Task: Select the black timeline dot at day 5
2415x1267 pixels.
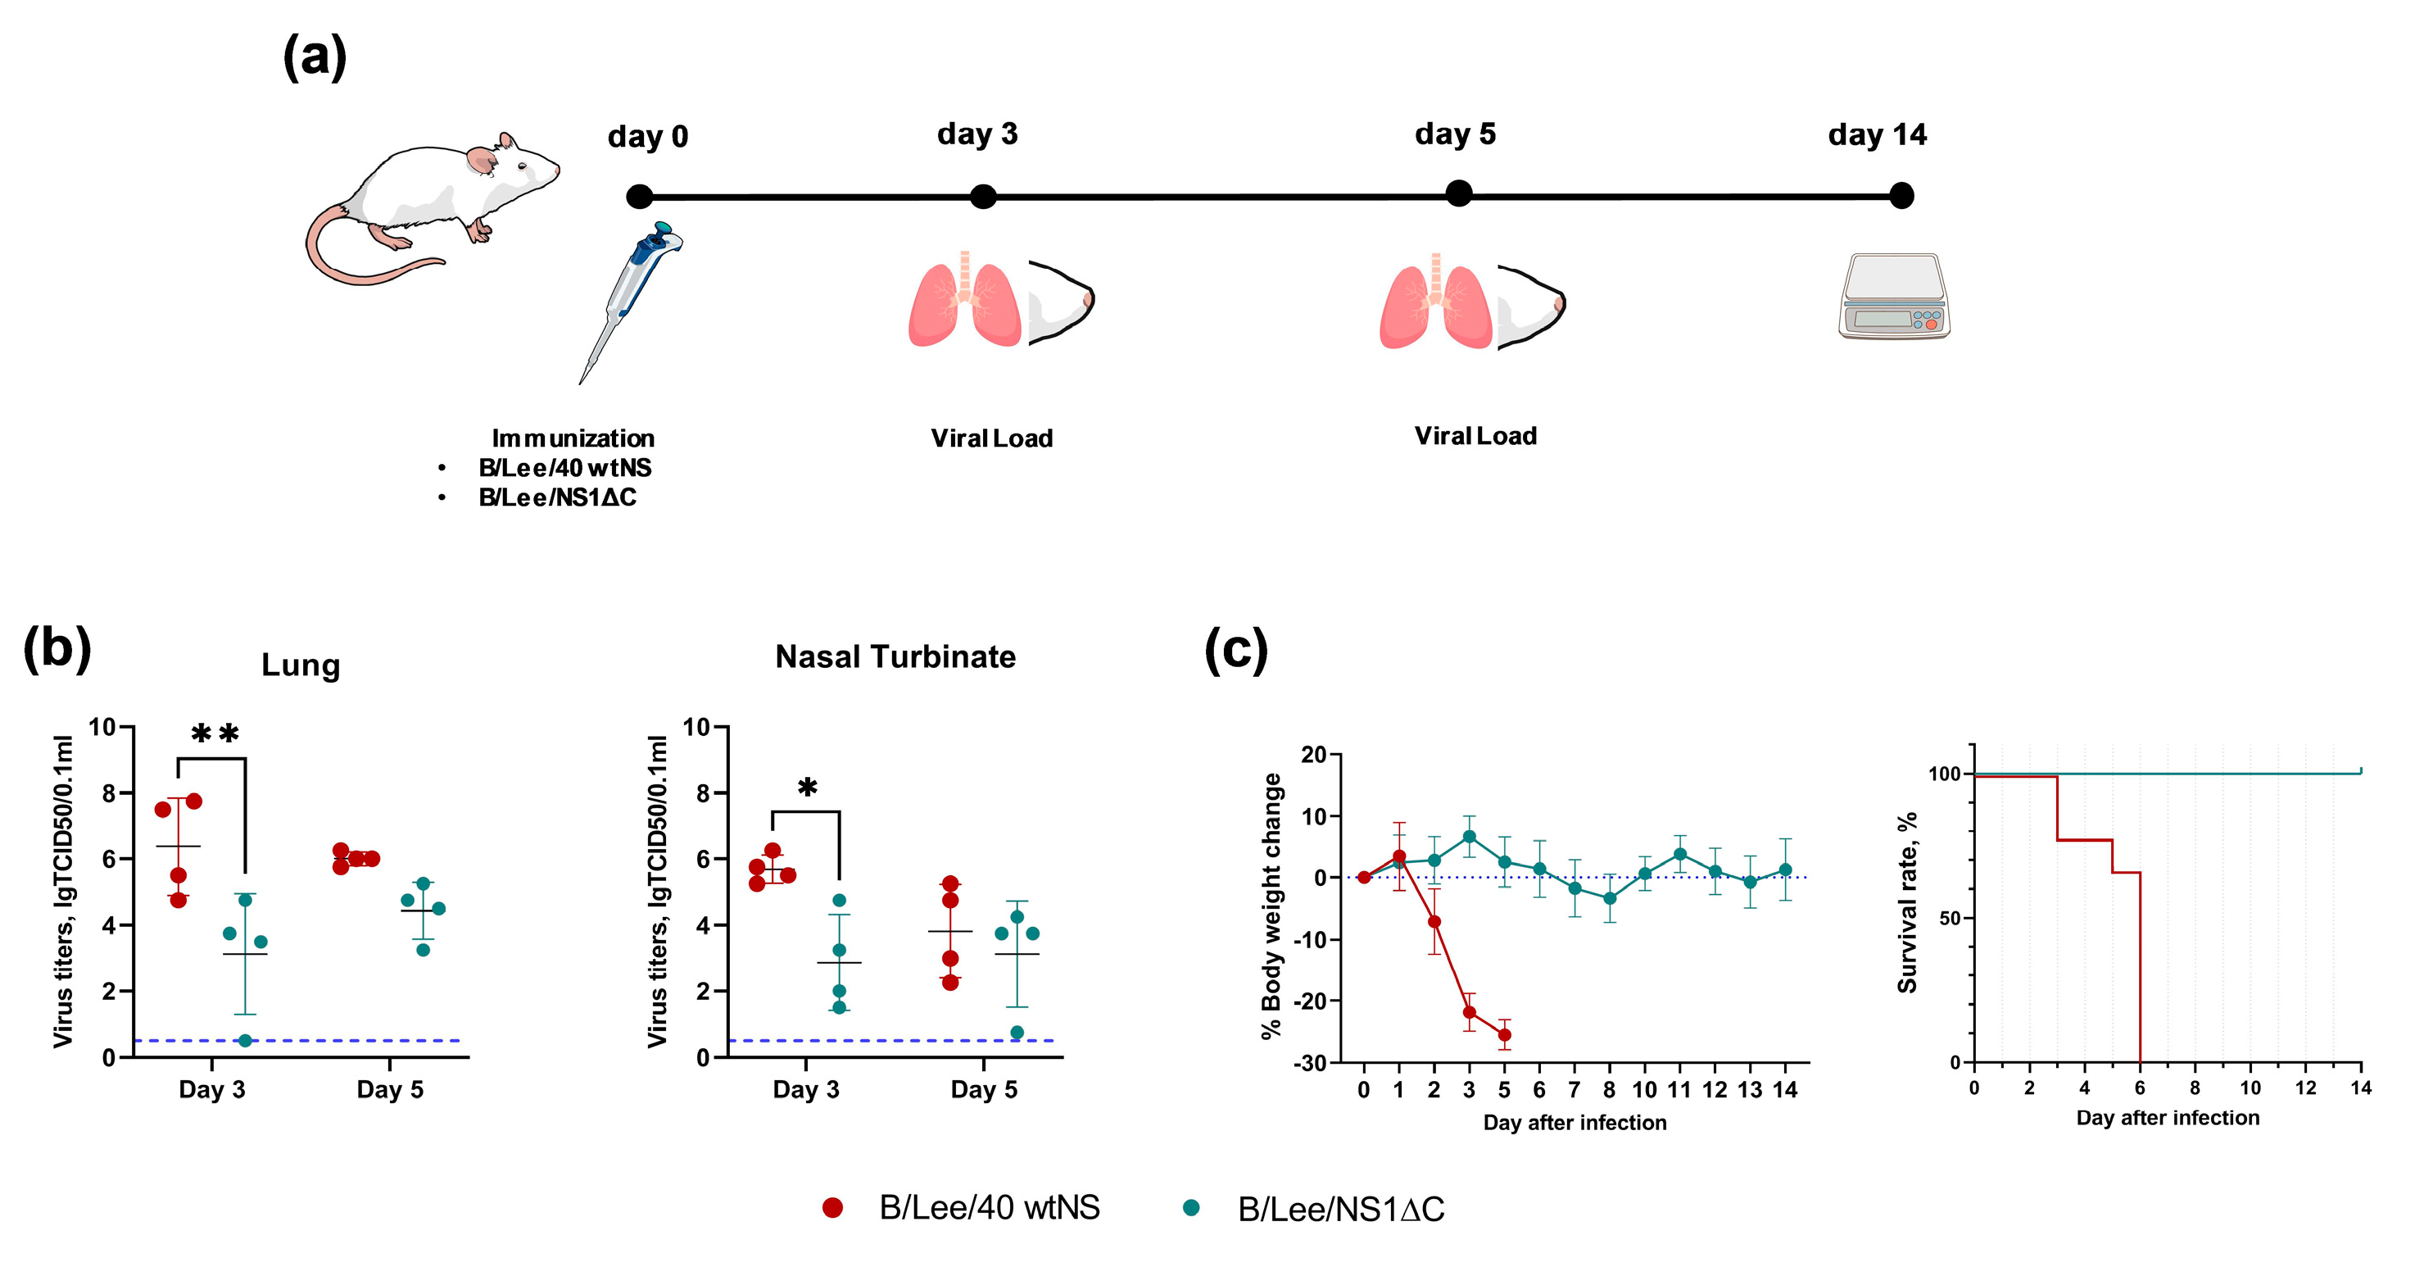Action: click(x=1459, y=194)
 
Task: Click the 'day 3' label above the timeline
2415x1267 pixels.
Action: click(x=976, y=134)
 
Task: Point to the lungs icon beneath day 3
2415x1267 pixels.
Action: click(x=963, y=300)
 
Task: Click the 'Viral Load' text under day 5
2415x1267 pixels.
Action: click(x=1475, y=436)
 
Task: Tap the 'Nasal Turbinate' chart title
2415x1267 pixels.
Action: click(x=895, y=656)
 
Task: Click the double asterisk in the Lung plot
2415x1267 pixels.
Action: click(x=215, y=734)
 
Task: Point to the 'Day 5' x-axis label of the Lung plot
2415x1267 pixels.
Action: click(x=390, y=1090)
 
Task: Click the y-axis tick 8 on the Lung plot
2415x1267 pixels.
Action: click(x=109, y=793)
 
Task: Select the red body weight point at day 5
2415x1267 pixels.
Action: click(x=1504, y=1035)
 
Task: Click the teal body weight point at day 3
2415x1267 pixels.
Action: click(x=1469, y=837)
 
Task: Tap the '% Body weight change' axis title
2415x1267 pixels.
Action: click(x=1271, y=906)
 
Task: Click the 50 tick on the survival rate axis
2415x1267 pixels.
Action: click(x=1949, y=918)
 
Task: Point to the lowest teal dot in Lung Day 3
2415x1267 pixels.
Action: click(x=245, y=1040)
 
